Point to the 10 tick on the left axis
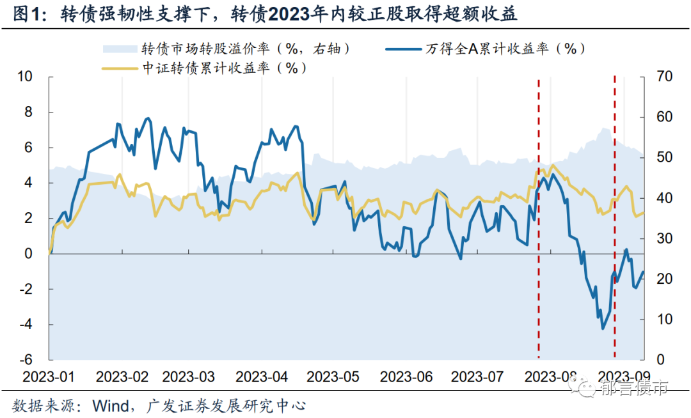coord(24,77)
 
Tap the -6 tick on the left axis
coord(27,360)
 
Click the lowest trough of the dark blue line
coord(602,329)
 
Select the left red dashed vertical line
coord(538,217)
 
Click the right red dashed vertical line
coord(615,217)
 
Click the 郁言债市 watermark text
coord(633,387)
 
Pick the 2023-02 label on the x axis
coord(123,375)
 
